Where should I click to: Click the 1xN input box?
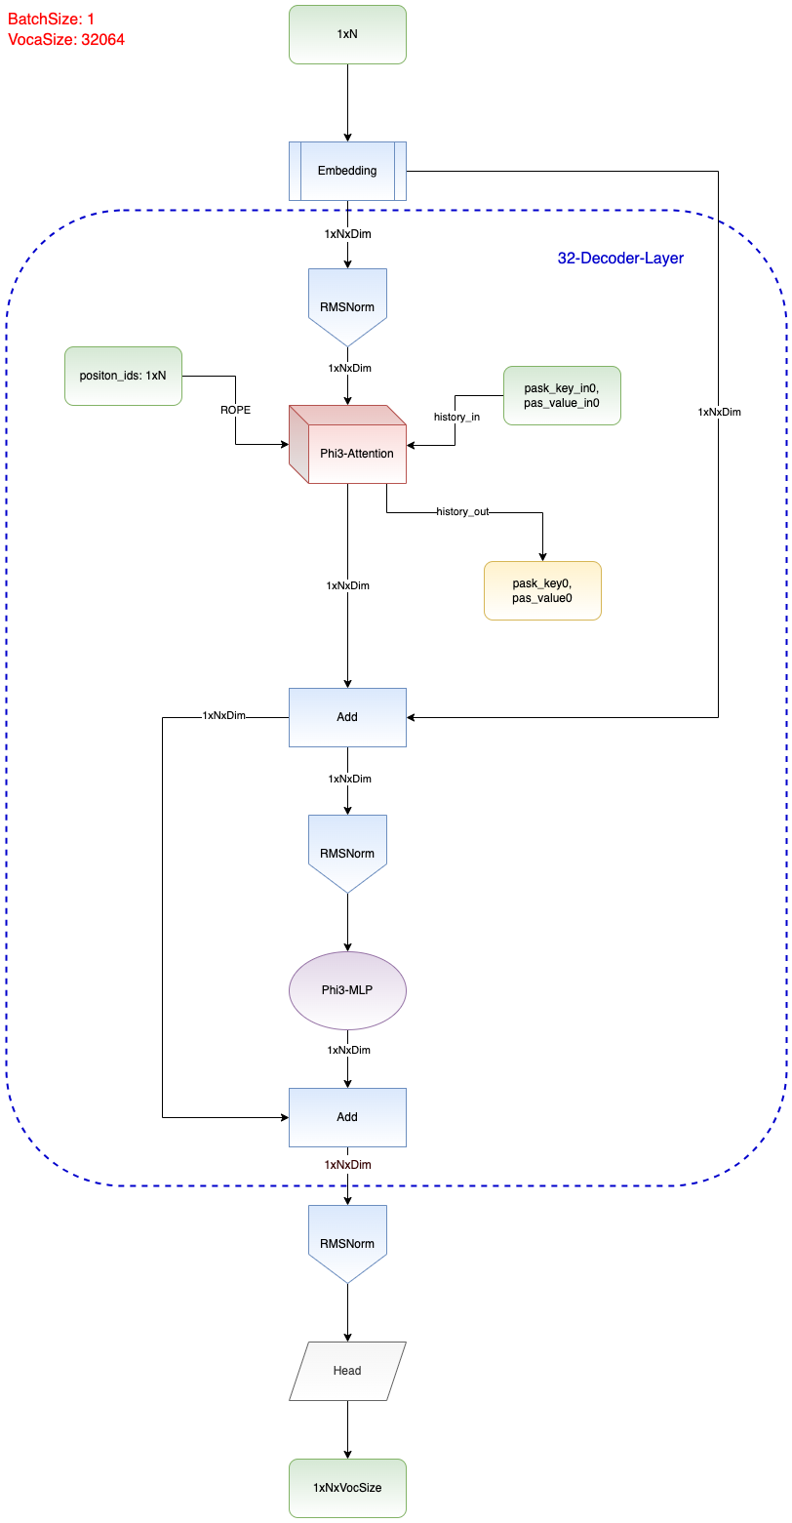[x=347, y=34]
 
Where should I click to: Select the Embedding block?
[x=347, y=171]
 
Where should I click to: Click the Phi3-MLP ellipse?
[x=347, y=990]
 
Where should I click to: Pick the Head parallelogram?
[x=347, y=1371]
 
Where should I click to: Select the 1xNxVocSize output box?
[x=347, y=1488]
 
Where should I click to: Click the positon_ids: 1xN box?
[x=123, y=376]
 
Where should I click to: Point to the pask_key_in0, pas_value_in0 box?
[x=562, y=395]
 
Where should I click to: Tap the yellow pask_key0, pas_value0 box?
[x=542, y=590]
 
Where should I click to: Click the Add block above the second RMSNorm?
[x=347, y=717]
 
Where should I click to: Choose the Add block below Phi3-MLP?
[x=347, y=1117]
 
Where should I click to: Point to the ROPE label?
[x=235, y=411]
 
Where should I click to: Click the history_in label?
[x=456, y=417]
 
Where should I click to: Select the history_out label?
[x=462, y=511]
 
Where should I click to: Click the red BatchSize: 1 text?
[x=52, y=19]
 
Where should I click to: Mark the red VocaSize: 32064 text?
[x=66, y=40]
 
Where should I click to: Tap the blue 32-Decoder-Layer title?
[x=620, y=259]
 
